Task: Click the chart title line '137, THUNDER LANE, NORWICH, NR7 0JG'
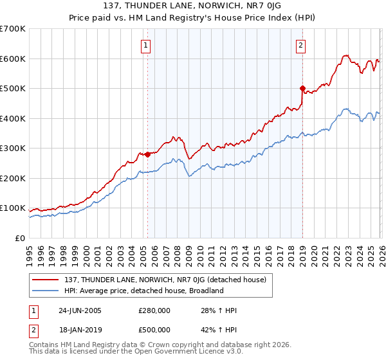[x=192, y=8]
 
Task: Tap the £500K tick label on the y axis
[x=12, y=88]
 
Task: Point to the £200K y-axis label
[x=12, y=178]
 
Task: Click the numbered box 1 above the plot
[x=147, y=46]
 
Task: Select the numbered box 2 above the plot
[x=301, y=46]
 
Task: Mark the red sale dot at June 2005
[x=147, y=154]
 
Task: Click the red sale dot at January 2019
[x=302, y=88]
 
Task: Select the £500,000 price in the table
[x=154, y=330]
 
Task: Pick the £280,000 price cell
[x=154, y=310]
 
